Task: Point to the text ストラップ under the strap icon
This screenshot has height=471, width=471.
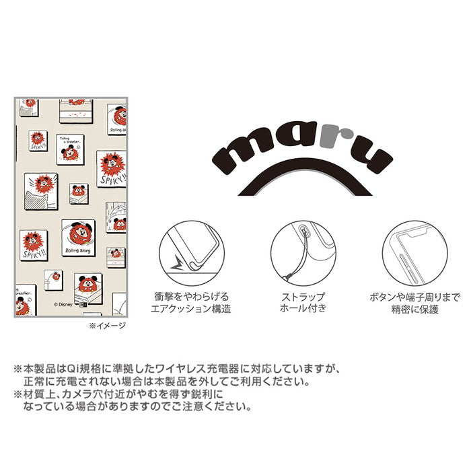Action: pyautogui.click(x=301, y=297)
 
